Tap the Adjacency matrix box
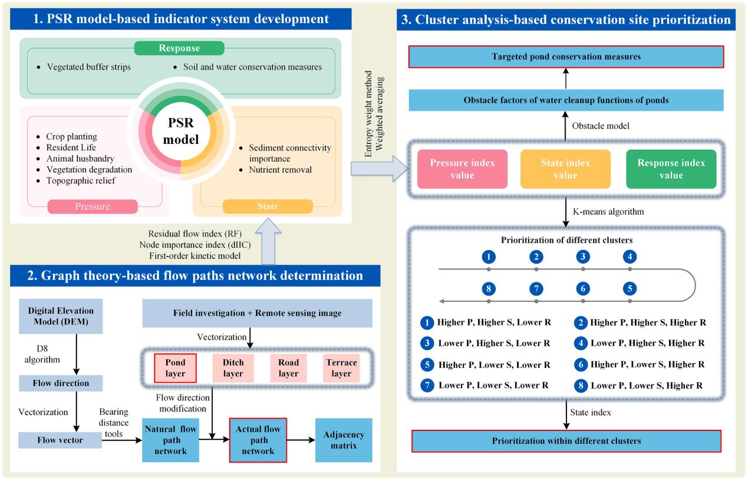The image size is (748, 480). (x=344, y=440)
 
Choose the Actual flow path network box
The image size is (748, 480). (x=258, y=440)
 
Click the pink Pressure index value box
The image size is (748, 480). (x=462, y=169)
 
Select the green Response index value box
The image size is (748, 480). (x=671, y=169)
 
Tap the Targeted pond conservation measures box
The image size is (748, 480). (x=566, y=57)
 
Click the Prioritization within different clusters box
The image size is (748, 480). (x=566, y=441)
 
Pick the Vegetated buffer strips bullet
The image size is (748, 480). (x=89, y=67)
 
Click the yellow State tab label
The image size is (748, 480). (x=267, y=206)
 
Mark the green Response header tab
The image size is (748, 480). (x=179, y=48)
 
